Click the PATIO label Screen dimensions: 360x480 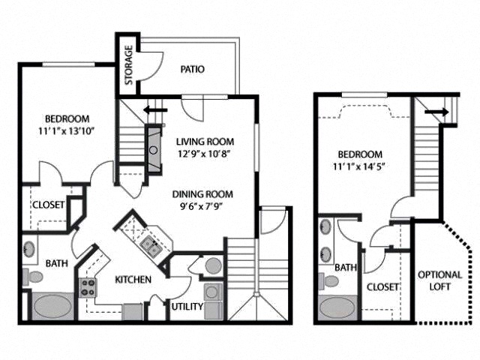193,70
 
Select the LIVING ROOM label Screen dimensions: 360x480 205,141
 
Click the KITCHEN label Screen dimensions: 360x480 133,280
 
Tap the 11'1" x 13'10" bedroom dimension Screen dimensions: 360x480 67,132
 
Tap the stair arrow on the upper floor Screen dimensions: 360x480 433,112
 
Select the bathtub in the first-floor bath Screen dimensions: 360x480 52,307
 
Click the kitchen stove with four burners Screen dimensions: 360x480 88,286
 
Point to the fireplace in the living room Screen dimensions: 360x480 153,149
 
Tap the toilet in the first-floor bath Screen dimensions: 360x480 34,276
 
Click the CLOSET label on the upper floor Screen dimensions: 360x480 381,286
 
